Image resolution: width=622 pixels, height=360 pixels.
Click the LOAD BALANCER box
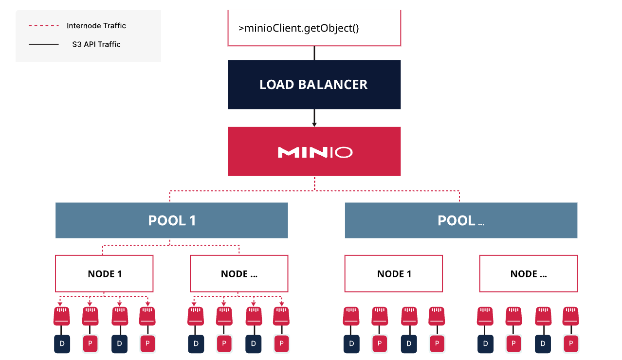(314, 84)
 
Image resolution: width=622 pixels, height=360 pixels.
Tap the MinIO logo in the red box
(314, 152)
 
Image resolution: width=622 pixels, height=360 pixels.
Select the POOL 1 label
(172, 220)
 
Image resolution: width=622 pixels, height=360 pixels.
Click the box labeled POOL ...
(460, 220)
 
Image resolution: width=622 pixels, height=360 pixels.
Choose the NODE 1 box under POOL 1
(104, 274)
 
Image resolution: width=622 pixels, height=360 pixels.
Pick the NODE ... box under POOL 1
(238, 274)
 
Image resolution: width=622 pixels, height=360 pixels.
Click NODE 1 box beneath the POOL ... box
(393, 274)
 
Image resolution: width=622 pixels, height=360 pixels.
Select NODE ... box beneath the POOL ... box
(528, 274)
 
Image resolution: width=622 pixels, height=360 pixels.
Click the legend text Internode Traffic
(96, 26)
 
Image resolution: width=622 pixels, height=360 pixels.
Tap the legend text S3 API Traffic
(96, 44)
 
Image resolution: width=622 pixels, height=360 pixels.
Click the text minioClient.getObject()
(299, 28)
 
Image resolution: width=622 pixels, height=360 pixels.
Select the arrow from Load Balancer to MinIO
(314, 118)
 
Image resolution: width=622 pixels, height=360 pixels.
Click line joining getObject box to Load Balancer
(314, 53)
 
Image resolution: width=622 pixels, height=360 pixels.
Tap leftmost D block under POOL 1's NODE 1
(62, 343)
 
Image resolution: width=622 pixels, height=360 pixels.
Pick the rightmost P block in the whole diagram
(571, 343)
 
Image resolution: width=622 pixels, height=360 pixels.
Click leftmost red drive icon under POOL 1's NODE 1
(62, 316)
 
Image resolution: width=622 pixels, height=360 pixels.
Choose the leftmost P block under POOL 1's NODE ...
(90, 343)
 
